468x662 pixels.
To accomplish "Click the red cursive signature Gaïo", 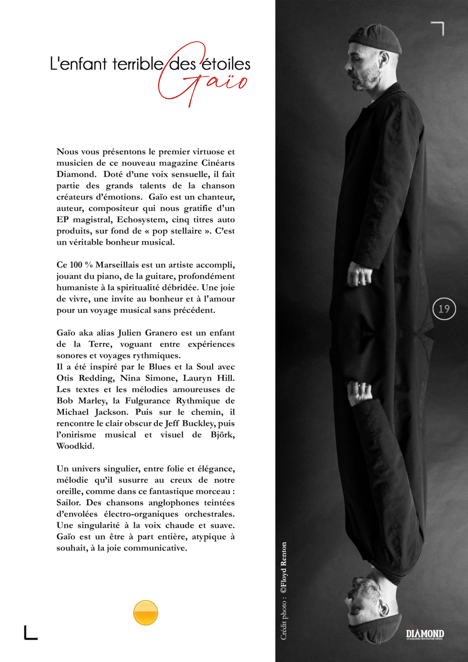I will coord(203,81).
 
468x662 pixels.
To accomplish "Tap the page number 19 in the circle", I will coord(444,309).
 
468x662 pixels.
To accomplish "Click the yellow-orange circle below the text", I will coord(145,613).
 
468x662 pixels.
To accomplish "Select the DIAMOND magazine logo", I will coord(425,634).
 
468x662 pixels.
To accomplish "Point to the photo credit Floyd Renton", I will coord(283,568).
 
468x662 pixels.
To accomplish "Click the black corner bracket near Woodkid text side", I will coord(30,633).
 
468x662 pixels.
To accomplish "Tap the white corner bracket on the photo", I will coord(438,28).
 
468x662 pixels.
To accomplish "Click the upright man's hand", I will coord(359,275).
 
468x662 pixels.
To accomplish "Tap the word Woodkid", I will coord(76,446).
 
